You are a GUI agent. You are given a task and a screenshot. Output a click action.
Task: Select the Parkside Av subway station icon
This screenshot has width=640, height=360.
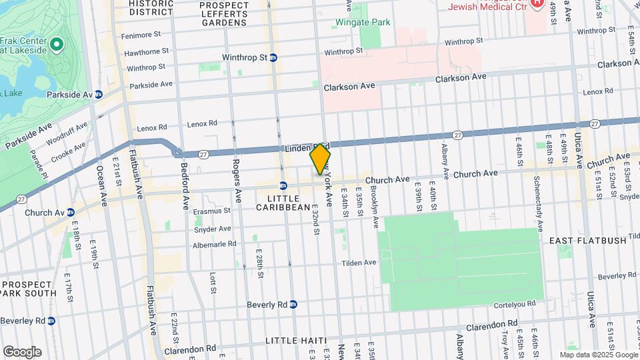(x=99, y=95)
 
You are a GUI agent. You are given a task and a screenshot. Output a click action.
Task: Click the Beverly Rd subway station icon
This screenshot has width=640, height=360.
(x=293, y=305)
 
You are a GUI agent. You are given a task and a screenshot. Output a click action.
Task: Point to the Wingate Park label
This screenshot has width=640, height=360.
(x=363, y=22)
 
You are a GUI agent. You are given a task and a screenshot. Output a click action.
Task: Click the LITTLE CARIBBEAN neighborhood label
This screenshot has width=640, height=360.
(x=284, y=203)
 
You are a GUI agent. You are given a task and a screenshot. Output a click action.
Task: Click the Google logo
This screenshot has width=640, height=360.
(x=22, y=351)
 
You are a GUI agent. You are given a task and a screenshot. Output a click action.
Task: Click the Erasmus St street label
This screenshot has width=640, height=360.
(x=211, y=211)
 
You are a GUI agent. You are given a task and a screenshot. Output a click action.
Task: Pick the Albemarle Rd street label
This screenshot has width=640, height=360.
(x=214, y=244)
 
